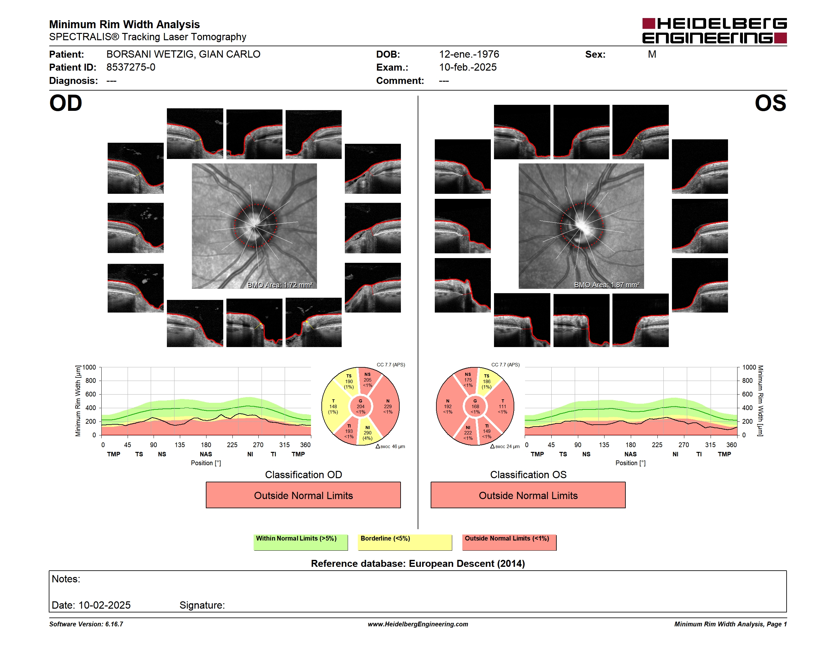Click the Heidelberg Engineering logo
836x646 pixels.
[x=714, y=31]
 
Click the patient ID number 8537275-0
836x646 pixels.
[x=131, y=67]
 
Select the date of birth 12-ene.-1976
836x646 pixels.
[x=469, y=54]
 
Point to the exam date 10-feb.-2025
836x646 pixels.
[x=468, y=67]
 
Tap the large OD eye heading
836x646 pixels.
[x=66, y=103]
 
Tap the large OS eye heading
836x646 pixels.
[x=770, y=103]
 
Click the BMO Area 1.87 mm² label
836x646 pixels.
[x=607, y=285]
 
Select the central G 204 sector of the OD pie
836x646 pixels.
[x=361, y=406]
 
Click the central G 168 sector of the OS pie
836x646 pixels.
[x=475, y=406]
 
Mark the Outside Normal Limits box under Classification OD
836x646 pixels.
[x=303, y=495]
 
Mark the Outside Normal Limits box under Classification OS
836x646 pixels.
[x=528, y=495]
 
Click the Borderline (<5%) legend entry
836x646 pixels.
[x=405, y=542]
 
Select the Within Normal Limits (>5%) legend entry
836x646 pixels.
[x=301, y=542]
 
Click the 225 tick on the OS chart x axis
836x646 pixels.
[x=657, y=445]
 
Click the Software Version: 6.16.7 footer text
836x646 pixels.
[x=86, y=624]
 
